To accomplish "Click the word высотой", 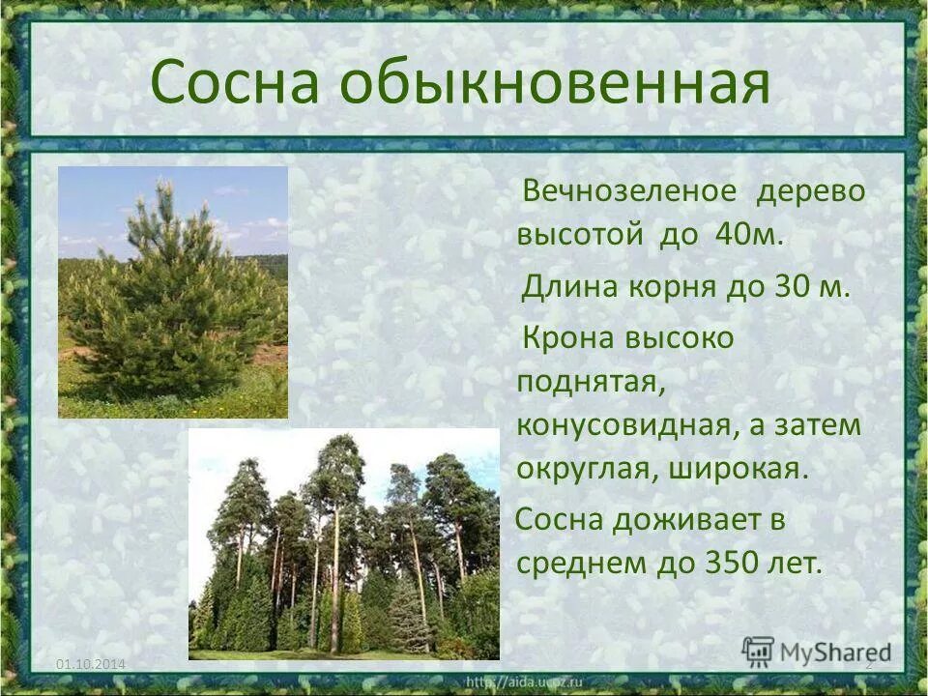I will [580, 236].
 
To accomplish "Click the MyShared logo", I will [818, 650].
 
